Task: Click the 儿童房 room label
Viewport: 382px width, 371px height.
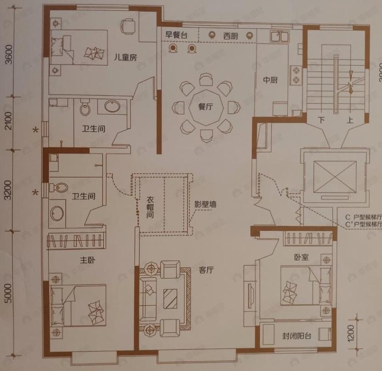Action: pyautogui.click(x=126, y=57)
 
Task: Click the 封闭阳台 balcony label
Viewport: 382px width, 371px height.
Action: pyautogui.click(x=296, y=336)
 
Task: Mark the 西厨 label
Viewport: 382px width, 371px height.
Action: pyautogui.click(x=231, y=35)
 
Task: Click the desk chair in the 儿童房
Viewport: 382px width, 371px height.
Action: pyautogui.click(x=128, y=25)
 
